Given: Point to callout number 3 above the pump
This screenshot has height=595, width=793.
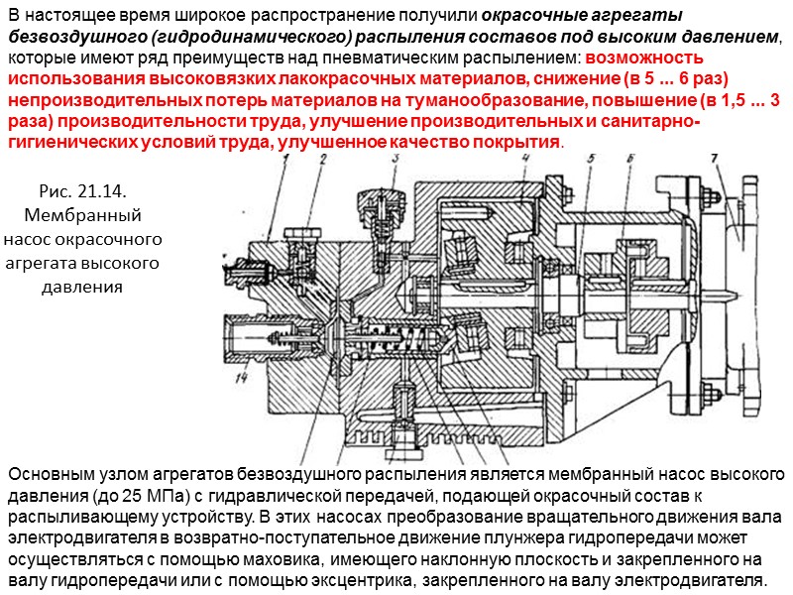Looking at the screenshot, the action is [x=394, y=162].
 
